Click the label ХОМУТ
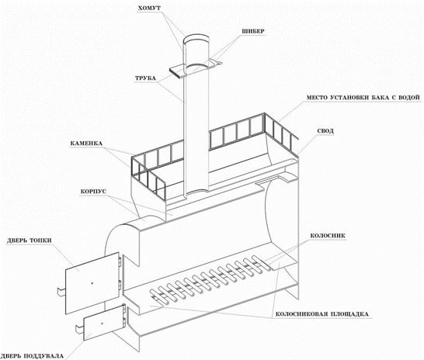coord(149,9)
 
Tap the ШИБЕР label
coord(252,31)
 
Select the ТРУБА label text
coord(145,78)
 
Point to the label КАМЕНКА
coord(86,144)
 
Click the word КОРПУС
coord(93,192)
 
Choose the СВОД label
coord(325,131)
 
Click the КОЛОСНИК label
coord(328,236)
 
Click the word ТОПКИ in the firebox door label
coord(40,241)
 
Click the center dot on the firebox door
coord(92,283)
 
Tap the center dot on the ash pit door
coord(102,323)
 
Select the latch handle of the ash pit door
coord(80,328)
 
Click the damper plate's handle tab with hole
coord(217,63)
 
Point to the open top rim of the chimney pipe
coord(196,36)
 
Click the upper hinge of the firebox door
coord(120,261)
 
